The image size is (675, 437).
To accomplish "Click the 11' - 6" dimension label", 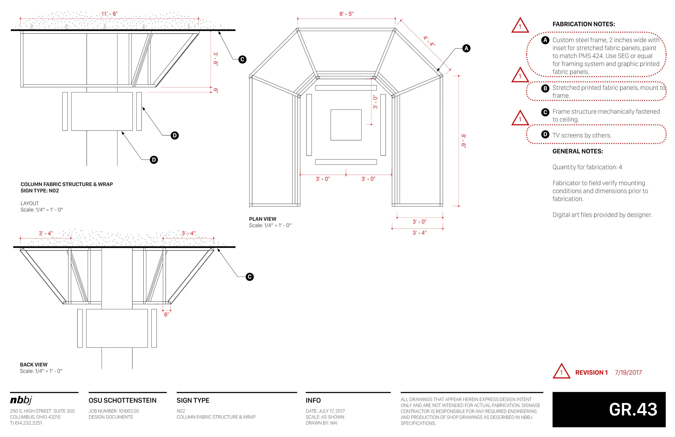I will pos(109,14).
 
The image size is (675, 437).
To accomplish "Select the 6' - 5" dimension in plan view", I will pos(346,14).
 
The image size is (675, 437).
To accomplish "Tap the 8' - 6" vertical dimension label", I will pos(463,141).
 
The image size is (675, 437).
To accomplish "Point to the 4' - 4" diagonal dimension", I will pos(429,41).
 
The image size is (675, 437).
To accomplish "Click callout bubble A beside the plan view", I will pos(466,48).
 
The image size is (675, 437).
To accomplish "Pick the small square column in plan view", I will pos(346,125).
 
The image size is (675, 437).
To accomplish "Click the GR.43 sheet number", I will pos(633,409).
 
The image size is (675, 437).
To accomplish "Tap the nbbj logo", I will pos(21,400).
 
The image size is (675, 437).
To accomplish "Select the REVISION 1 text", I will pos(591,373).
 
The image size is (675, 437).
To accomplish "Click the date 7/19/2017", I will pos(628,373).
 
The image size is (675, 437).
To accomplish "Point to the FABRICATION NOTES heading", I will pos(584,24).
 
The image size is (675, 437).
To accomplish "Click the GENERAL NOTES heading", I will pos(578,151).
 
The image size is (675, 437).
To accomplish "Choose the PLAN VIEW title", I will pos(262,219).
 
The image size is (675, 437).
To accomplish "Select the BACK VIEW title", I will pos(33,365).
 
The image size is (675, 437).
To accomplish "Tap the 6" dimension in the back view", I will pos(167,314).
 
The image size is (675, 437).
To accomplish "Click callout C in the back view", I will pos(249,277).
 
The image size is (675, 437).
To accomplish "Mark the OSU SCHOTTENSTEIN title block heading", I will pos(122,400).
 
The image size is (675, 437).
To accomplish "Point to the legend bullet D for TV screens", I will pos(545,134).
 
